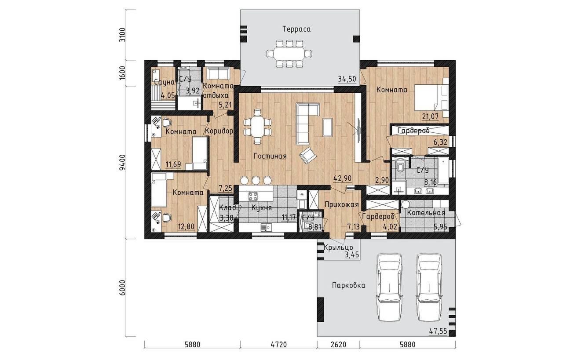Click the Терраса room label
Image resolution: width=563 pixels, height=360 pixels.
pyautogui.click(x=296, y=29)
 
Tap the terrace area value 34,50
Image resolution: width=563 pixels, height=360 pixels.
pyautogui.click(x=347, y=79)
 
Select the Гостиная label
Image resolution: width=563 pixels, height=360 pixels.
pyautogui.click(x=270, y=156)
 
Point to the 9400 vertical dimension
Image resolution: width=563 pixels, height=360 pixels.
pyautogui.click(x=122, y=162)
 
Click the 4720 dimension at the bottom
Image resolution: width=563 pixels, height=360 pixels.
pyautogui.click(x=278, y=345)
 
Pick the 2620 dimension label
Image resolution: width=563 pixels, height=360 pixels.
pyautogui.click(x=338, y=345)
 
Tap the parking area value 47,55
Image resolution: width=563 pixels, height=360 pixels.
pyautogui.click(x=438, y=331)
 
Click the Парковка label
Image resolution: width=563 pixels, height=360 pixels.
pyautogui.click(x=349, y=286)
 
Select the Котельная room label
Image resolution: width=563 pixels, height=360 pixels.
pyautogui.click(x=426, y=213)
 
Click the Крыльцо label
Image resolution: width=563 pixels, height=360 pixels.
pyautogui.click(x=338, y=248)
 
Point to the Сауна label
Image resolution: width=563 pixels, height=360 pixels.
pyautogui.click(x=164, y=82)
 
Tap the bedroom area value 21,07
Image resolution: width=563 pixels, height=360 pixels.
pyautogui.click(x=430, y=116)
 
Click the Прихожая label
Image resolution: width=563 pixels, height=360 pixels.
pyautogui.click(x=342, y=205)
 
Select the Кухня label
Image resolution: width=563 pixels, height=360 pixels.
pyautogui.click(x=262, y=208)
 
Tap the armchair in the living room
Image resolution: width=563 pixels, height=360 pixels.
pyautogui.click(x=307, y=156)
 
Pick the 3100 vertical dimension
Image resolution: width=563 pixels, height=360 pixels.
pyautogui.click(x=122, y=35)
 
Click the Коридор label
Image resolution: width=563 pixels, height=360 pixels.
pyautogui.click(x=219, y=131)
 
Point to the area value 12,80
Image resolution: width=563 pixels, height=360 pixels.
pyautogui.click(x=186, y=227)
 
